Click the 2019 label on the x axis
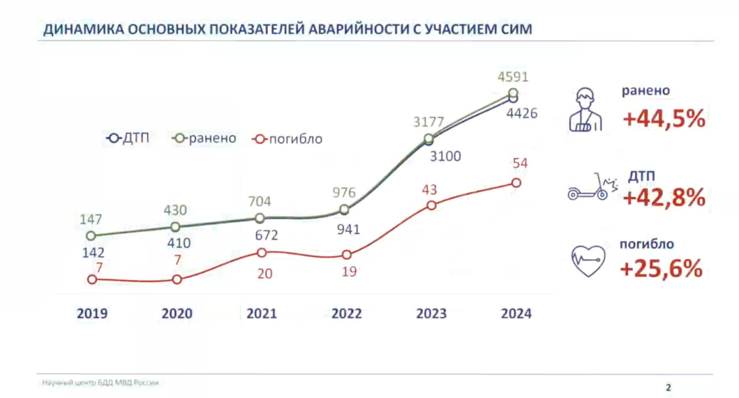click(92, 313)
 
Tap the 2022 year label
click(346, 313)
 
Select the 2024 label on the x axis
click(516, 313)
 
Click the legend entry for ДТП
click(128, 138)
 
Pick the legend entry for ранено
click(205, 138)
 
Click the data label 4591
click(513, 77)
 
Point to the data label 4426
click(522, 113)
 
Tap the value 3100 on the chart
click(445, 156)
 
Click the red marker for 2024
click(516, 183)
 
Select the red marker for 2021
click(261, 252)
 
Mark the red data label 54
click(520, 164)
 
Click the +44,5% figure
click(664, 119)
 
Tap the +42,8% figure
click(664, 198)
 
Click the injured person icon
click(585, 110)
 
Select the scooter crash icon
click(588, 188)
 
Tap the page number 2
click(669, 387)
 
